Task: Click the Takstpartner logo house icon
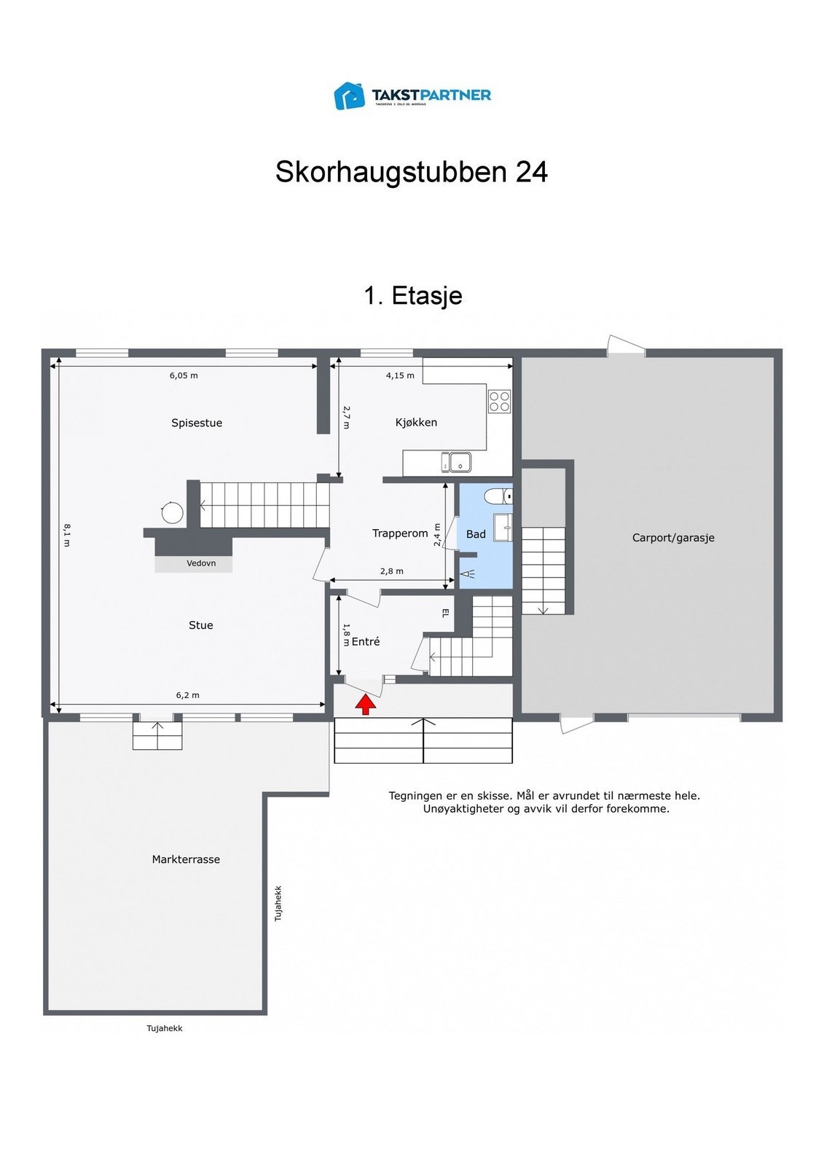(349, 95)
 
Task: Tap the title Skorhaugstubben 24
(411, 172)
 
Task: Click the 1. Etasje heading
(412, 295)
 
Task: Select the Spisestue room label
(197, 423)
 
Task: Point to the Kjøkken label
(416, 423)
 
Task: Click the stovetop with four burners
(500, 402)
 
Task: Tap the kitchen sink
(455, 462)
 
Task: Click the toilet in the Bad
(498, 496)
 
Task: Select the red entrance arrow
(366, 704)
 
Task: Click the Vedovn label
(201, 563)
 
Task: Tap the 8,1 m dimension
(66, 534)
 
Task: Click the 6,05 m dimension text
(184, 376)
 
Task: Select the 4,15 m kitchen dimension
(400, 376)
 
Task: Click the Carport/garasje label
(672, 538)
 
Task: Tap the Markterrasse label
(186, 859)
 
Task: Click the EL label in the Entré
(445, 614)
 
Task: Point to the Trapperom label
(400, 533)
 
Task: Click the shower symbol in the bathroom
(467, 574)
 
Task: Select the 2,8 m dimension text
(391, 571)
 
